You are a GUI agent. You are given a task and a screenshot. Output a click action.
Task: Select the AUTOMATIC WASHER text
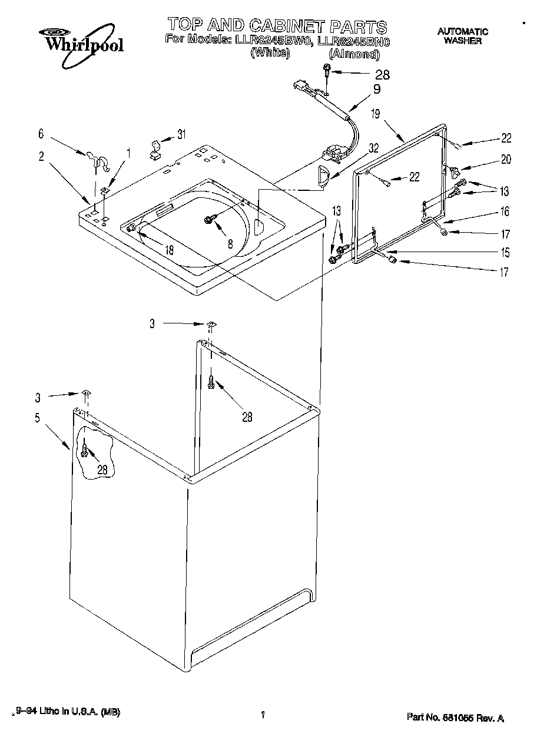462,36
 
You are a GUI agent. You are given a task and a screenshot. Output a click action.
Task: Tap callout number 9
377,90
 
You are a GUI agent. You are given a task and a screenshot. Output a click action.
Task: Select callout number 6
41,135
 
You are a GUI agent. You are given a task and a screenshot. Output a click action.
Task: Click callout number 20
506,159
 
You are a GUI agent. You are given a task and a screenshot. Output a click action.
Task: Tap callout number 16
506,211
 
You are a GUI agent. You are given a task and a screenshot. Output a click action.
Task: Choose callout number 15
506,253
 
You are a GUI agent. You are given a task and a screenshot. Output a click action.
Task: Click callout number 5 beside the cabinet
37,419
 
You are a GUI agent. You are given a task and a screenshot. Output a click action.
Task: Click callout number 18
169,250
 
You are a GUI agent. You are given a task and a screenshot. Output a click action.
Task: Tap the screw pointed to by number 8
209,220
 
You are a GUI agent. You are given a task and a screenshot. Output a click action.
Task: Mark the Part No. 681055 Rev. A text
455,718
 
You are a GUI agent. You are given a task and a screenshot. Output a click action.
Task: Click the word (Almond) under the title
354,54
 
